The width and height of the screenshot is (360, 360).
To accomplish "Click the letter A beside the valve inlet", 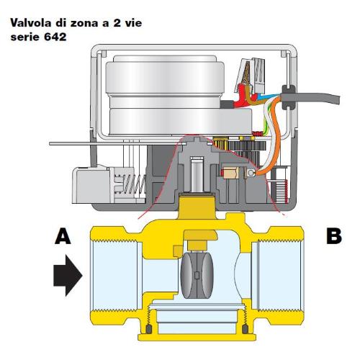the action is point(63,236).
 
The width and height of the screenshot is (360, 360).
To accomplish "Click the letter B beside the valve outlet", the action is point(334,236).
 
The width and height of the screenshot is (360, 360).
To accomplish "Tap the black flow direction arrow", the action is point(68,275).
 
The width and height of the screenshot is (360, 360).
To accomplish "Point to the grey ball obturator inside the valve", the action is point(197,275).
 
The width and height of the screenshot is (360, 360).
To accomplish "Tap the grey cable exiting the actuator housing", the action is point(317,98).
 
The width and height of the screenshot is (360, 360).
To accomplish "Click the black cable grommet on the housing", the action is point(288,96).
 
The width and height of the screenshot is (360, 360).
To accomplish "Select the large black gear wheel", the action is point(247,145).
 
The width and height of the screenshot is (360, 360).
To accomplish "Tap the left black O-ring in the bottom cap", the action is point(149,328).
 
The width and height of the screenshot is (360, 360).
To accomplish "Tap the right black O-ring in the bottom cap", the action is point(245,328).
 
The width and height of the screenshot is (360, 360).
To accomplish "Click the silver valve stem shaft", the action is point(197,175).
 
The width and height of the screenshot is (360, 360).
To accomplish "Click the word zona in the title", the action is point(84,24).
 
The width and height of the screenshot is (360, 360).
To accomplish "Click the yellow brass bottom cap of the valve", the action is point(197,336).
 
